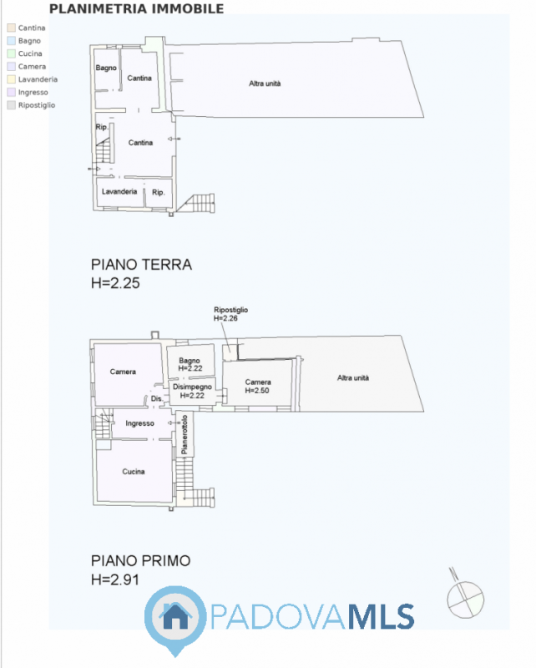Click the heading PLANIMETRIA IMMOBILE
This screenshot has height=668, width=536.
point(137,9)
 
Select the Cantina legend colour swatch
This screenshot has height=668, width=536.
point(11,28)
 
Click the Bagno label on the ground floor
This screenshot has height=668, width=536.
point(105,68)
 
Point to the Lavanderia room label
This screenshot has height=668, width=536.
point(119,191)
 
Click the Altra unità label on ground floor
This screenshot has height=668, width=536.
point(265,83)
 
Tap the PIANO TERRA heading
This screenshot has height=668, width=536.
point(141,265)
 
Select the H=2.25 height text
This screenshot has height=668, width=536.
point(115,283)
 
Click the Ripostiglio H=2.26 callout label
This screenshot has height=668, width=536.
point(230,314)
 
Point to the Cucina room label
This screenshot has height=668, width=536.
point(134,472)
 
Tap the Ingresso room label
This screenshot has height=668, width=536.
point(139,423)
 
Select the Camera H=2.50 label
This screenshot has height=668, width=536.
point(258,387)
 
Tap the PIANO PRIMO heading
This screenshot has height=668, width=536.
point(141,560)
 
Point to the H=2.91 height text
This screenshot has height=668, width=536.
point(115,579)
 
